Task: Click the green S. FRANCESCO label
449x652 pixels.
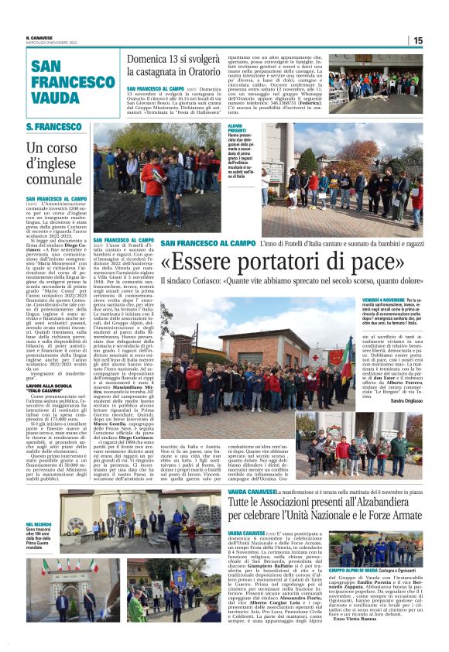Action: tap(54, 127)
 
